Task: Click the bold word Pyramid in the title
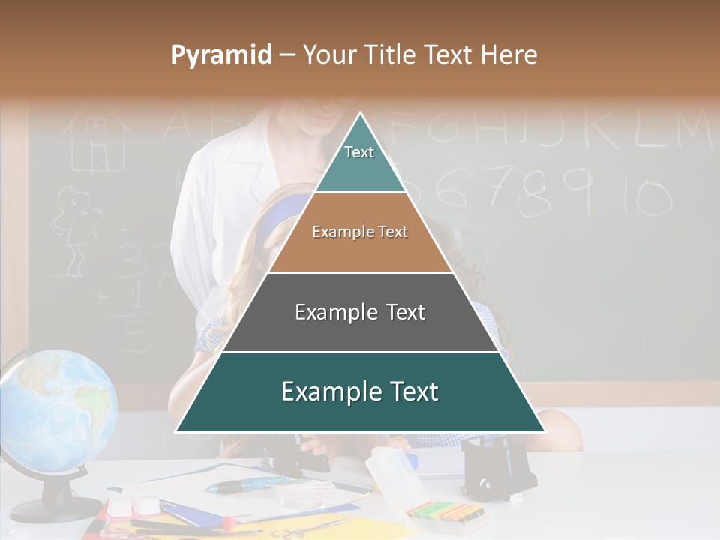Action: coord(220,55)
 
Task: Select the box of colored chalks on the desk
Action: coord(443,514)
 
